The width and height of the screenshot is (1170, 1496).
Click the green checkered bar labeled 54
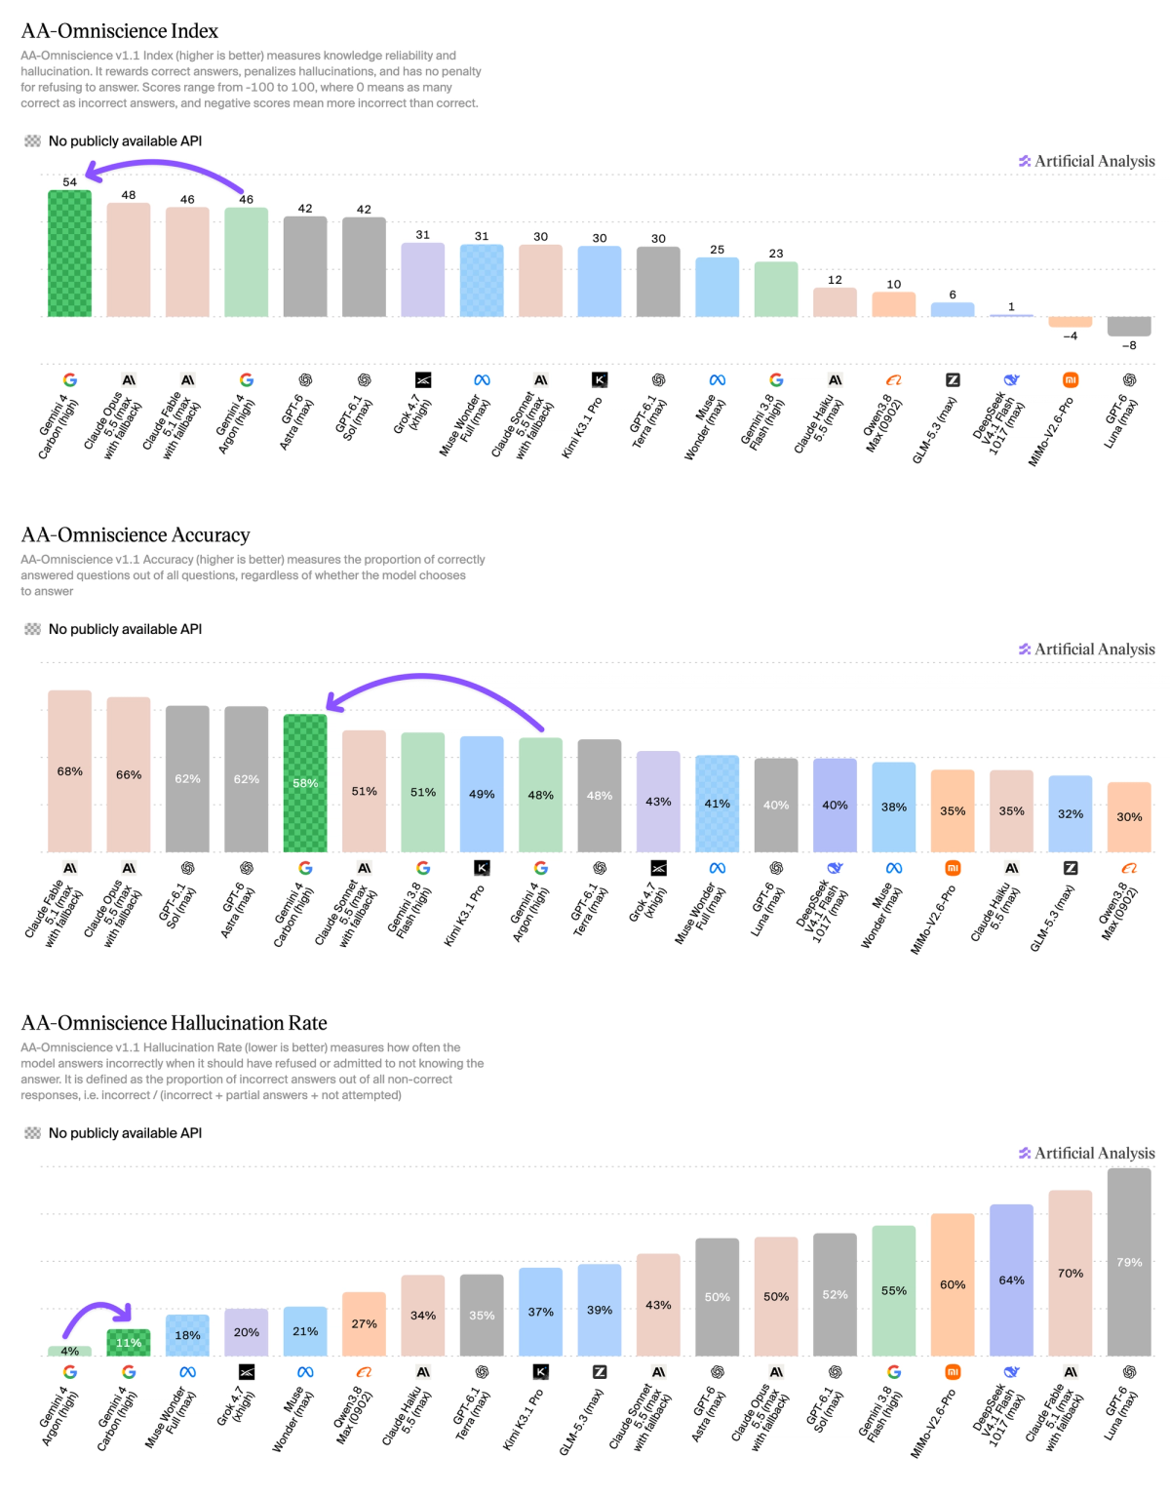(69, 254)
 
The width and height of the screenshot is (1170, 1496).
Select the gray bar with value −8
(1129, 327)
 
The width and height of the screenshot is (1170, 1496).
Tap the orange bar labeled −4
(1071, 322)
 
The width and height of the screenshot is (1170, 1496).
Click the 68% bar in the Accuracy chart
(69, 771)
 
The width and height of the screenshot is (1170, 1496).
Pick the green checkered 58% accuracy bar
(305, 783)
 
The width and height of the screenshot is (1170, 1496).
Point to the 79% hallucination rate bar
(1129, 1262)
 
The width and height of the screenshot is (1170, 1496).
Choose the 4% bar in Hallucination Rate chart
(69, 1352)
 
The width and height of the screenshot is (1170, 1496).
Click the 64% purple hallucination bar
(1011, 1280)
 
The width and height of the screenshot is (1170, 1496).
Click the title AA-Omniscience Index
(120, 31)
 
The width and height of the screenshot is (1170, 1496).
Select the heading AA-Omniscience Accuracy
(136, 535)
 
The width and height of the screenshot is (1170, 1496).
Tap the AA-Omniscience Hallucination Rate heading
(175, 1023)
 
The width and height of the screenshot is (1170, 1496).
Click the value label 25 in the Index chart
(718, 250)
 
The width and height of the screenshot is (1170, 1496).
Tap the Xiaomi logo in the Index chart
(1071, 380)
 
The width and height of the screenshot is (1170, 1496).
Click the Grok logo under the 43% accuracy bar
(659, 868)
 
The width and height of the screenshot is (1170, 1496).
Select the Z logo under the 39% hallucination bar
(600, 1372)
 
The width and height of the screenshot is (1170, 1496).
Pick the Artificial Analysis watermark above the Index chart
(1087, 161)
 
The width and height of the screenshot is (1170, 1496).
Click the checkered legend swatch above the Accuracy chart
(32, 629)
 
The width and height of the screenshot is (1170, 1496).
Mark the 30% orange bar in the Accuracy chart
(1129, 817)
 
